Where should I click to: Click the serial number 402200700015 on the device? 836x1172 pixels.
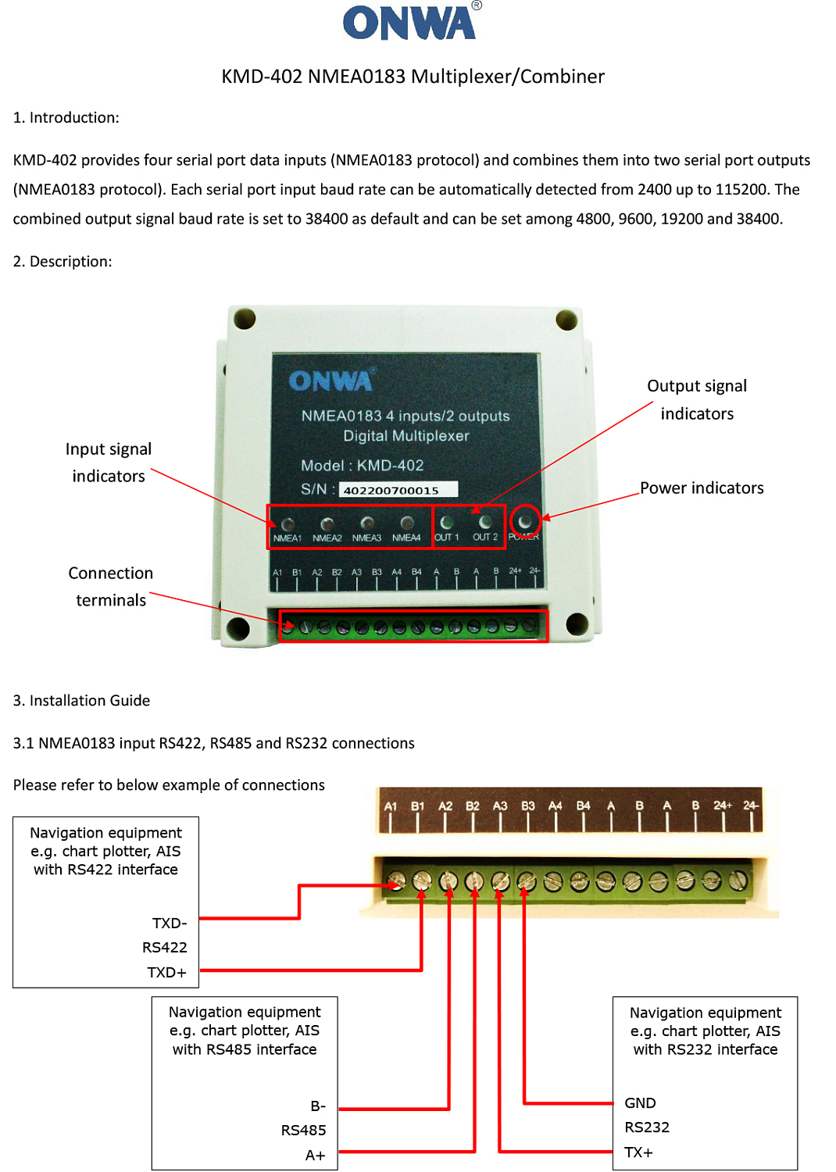(x=391, y=490)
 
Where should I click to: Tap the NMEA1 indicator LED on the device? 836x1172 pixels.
(x=288, y=523)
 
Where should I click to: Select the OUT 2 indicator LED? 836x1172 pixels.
(x=485, y=522)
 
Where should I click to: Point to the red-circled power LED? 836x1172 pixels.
(x=525, y=520)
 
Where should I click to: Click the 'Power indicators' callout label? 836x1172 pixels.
(x=702, y=488)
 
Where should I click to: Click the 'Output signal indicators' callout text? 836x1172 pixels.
(x=697, y=399)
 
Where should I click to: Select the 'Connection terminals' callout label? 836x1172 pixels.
(x=111, y=586)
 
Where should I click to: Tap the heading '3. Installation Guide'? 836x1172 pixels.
(x=81, y=700)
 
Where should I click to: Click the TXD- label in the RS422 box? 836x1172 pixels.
(x=170, y=923)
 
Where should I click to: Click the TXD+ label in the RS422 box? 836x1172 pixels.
(x=167, y=972)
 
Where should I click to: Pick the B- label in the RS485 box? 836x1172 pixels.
(x=318, y=1106)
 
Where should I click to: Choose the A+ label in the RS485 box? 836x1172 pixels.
(x=315, y=1155)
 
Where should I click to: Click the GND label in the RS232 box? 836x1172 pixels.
(x=640, y=1102)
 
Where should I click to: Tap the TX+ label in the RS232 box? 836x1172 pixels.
(x=638, y=1152)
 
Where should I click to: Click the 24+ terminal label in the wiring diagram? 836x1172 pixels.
(x=723, y=805)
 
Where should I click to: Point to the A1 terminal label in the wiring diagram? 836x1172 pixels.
(x=391, y=806)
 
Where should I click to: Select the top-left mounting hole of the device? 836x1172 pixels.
(x=245, y=318)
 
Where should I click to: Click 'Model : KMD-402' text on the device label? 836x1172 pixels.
(x=363, y=465)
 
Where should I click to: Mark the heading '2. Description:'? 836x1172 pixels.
(x=63, y=261)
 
